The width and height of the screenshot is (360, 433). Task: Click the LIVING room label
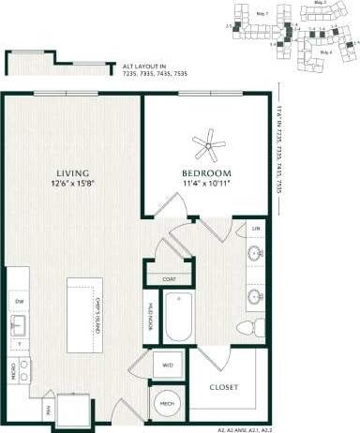click(x=72, y=173)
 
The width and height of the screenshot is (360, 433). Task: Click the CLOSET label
click(x=223, y=387)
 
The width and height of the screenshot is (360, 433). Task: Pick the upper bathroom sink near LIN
click(x=255, y=254)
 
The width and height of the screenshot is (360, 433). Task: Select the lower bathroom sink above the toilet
click(x=255, y=297)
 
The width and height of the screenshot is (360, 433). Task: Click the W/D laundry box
click(x=168, y=365)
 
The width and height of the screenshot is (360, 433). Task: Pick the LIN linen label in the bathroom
click(x=255, y=229)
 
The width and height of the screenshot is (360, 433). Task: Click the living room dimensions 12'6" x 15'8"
click(x=72, y=185)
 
